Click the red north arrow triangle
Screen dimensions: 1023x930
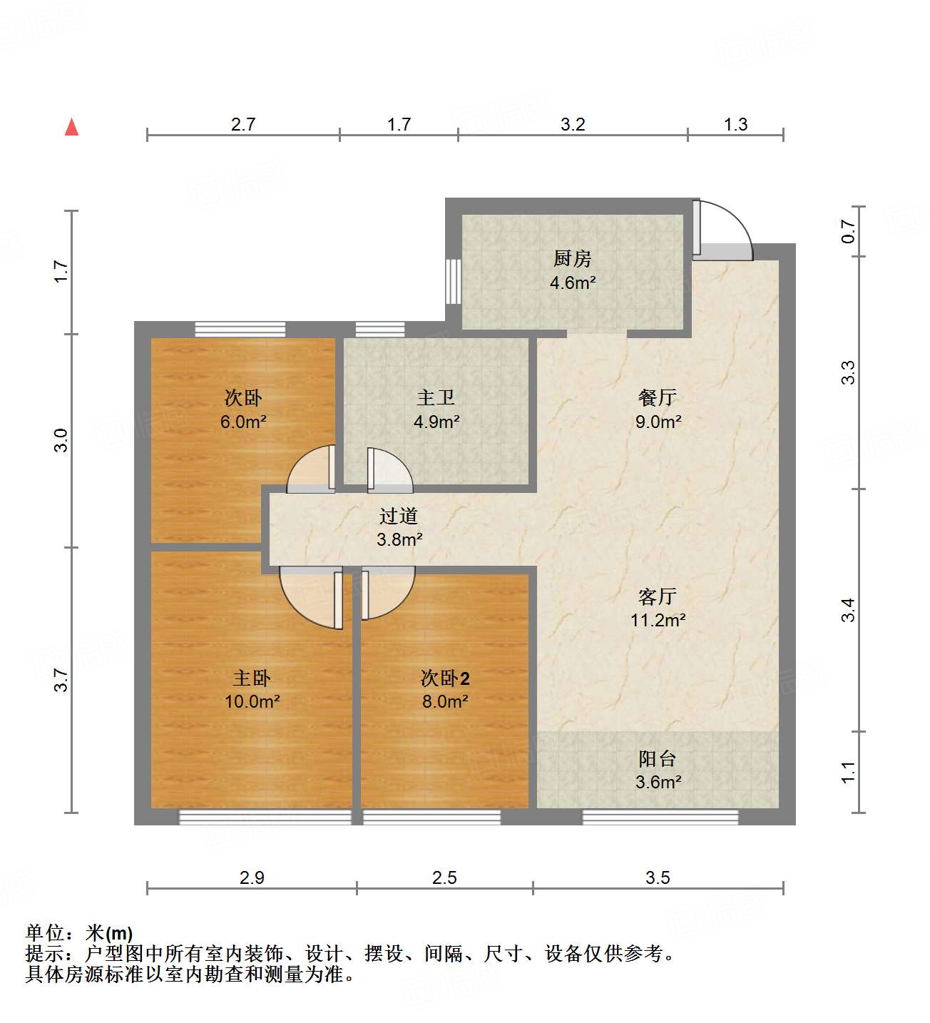[71, 128]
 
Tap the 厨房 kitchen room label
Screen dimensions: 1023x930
[572, 258]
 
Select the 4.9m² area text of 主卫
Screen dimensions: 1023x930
[436, 422]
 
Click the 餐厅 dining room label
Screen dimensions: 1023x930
[658, 397]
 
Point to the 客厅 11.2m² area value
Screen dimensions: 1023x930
[658, 620]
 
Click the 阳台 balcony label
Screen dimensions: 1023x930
[658, 758]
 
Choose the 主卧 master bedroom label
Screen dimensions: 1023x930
[252, 678]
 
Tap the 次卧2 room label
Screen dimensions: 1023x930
[444, 678]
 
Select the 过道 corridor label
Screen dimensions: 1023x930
[399, 516]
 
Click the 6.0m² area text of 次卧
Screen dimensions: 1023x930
[243, 422]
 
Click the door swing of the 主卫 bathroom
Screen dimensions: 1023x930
[389, 471]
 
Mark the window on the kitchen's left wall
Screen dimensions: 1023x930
[453, 281]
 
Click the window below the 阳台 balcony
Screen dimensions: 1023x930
[660, 817]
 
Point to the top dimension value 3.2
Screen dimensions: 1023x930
[573, 125]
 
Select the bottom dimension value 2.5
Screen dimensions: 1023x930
[444, 877]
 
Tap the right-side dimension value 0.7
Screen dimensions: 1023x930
[848, 231]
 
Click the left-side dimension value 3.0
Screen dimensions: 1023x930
[61, 440]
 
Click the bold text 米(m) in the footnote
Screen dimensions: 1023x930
[109, 933]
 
